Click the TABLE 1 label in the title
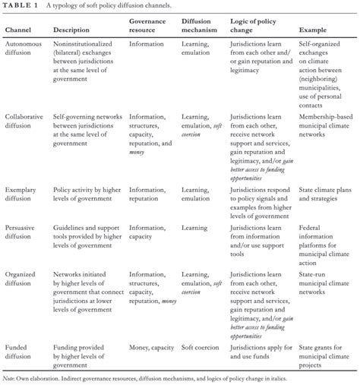[x=21, y=6]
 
